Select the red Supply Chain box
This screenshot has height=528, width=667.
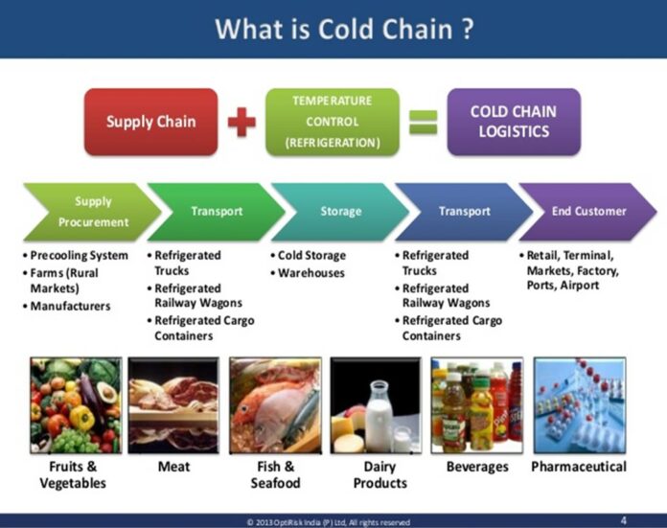(x=150, y=122)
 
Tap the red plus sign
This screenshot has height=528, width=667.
(x=242, y=122)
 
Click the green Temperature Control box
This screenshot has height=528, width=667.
(x=332, y=122)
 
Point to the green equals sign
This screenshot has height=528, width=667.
(x=424, y=122)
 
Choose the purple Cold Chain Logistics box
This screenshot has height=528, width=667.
(x=514, y=122)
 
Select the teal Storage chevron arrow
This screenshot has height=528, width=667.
(x=338, y=212)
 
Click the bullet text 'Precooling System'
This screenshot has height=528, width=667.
(x=79, y=256)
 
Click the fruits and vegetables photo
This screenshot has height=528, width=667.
(x=75, y=404)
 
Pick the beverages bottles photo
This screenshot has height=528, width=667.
(x=476, y=404)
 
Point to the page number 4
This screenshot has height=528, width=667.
(x=625, y=520)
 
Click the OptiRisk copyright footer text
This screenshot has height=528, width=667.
(x=329, y=521)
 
